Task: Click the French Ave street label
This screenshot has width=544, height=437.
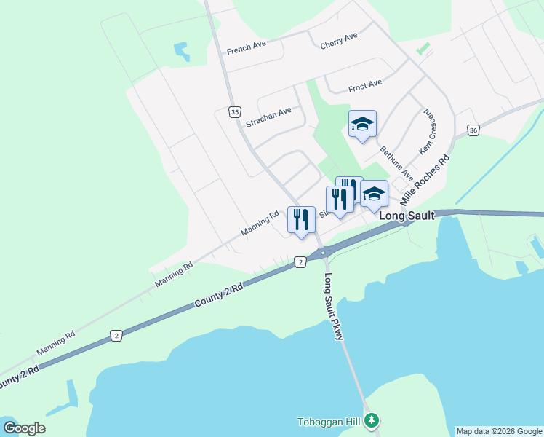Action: [246, 48]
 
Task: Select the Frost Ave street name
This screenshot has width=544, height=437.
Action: [365, 85]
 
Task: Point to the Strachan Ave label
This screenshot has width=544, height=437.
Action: [268, 117]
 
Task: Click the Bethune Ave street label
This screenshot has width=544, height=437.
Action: [396, 163]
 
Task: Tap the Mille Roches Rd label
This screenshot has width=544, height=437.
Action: [425, 178]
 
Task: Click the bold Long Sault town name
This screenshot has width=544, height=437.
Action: [407, 216]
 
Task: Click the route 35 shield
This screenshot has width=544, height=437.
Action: [233, 112]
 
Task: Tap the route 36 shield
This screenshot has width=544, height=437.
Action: [473, 130]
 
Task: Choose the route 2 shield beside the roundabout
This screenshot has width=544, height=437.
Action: [299, 261]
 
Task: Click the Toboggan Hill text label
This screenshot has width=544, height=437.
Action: [330, 422]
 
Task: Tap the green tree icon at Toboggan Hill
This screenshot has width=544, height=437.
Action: [372, 420]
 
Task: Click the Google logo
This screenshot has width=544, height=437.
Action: [24, 428]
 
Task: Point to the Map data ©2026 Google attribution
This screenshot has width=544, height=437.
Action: [498, 431]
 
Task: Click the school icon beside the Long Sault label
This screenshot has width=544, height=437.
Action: [374, 194]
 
